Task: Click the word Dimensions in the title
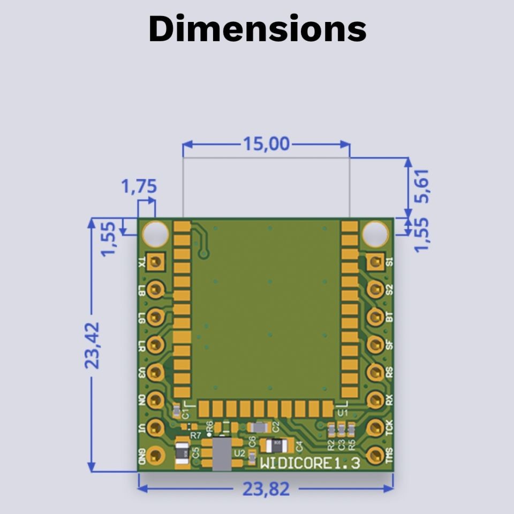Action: pos(257,29)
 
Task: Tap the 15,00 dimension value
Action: pos(266,144)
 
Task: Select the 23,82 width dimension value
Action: pos(266,489)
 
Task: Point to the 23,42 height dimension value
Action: pos(92,345)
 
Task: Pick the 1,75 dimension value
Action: pos(139,187)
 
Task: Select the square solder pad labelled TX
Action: pos(156,261)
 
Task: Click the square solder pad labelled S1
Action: pos(375,261)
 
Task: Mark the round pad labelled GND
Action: pos(156,456)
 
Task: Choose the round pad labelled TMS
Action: pos(375,455)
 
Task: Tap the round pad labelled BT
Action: pos(375,316)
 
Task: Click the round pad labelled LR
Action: pos(156,344)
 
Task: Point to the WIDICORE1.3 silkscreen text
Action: pos(310,463)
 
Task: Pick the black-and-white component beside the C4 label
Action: pos(277,445)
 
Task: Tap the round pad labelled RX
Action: pos(375,399)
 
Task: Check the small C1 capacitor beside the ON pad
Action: pos(176,411)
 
